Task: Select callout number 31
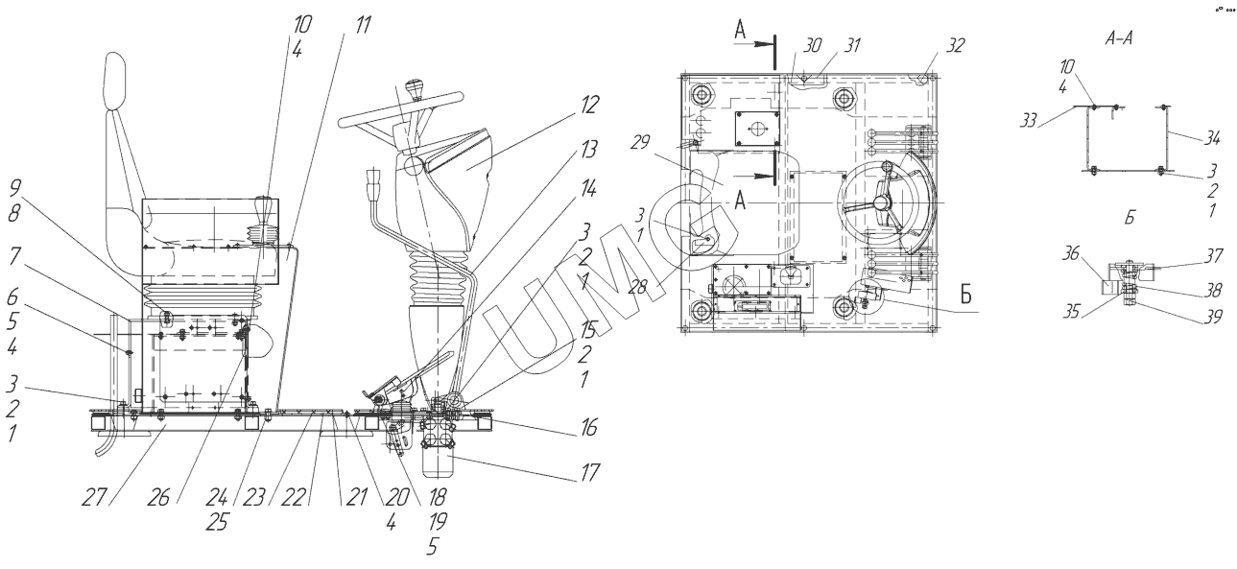coord(850,45)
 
